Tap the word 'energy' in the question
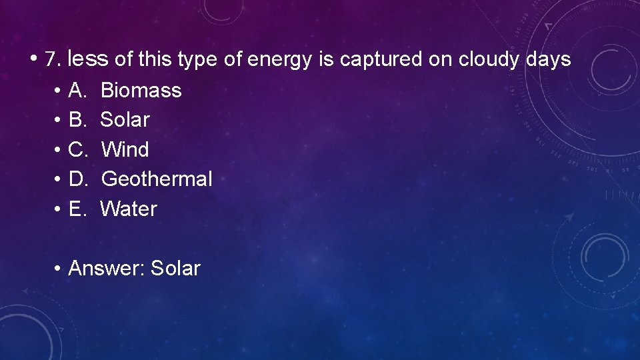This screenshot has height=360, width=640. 279,60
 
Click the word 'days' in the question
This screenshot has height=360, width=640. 548,60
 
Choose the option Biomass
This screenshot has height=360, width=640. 141,90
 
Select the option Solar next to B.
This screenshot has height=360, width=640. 125,120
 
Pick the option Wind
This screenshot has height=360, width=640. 125,149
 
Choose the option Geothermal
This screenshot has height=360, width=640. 157,179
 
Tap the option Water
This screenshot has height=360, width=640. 129,209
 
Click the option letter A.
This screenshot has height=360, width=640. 78,90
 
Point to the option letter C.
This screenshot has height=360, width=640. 78,149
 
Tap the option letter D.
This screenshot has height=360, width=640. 78,179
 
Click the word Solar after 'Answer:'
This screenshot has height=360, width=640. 175,268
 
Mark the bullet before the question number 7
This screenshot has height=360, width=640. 33,59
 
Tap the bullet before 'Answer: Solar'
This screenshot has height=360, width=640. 59,268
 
